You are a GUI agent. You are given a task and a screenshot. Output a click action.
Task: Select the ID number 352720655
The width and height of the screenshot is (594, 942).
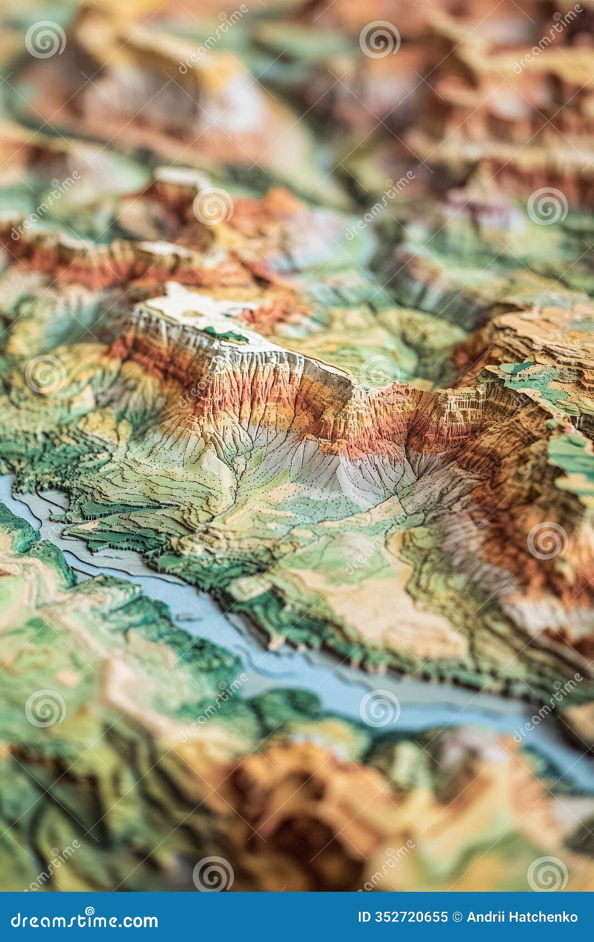coord(411,917)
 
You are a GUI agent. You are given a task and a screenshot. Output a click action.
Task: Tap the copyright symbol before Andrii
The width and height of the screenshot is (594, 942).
coord(458,917)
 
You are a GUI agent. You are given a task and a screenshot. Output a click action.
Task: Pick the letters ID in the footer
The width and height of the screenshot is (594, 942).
coord(363,917)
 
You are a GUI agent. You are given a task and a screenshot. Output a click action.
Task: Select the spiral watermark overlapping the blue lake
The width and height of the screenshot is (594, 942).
coord(379,708)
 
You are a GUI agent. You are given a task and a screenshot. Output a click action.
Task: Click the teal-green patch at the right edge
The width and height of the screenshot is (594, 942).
coord(574,457)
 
